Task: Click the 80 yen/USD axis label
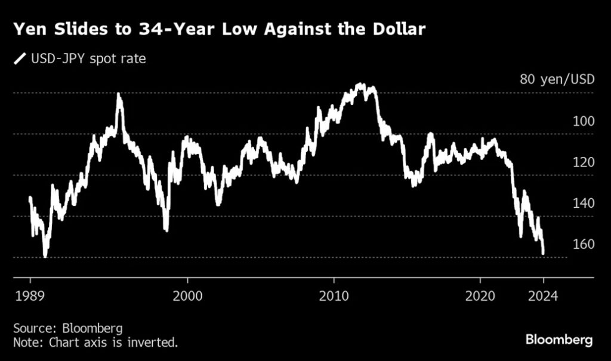pyautogui.click(x=557, y=79)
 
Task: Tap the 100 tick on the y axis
pyautogui.click(x=582, y=121)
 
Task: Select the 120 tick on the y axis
pyautogui.click(x=582, y=162)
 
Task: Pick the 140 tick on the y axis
pyautogui.click(x=582, y=203)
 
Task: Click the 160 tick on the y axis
pyautogui.click(x=582, y=245)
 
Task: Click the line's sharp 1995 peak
pyautogui.click(x=119, y=94)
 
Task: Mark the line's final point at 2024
pyautogui.click(x=543, y=253)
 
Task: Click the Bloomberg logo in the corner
pyautogui.click(x=559, y=340)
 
